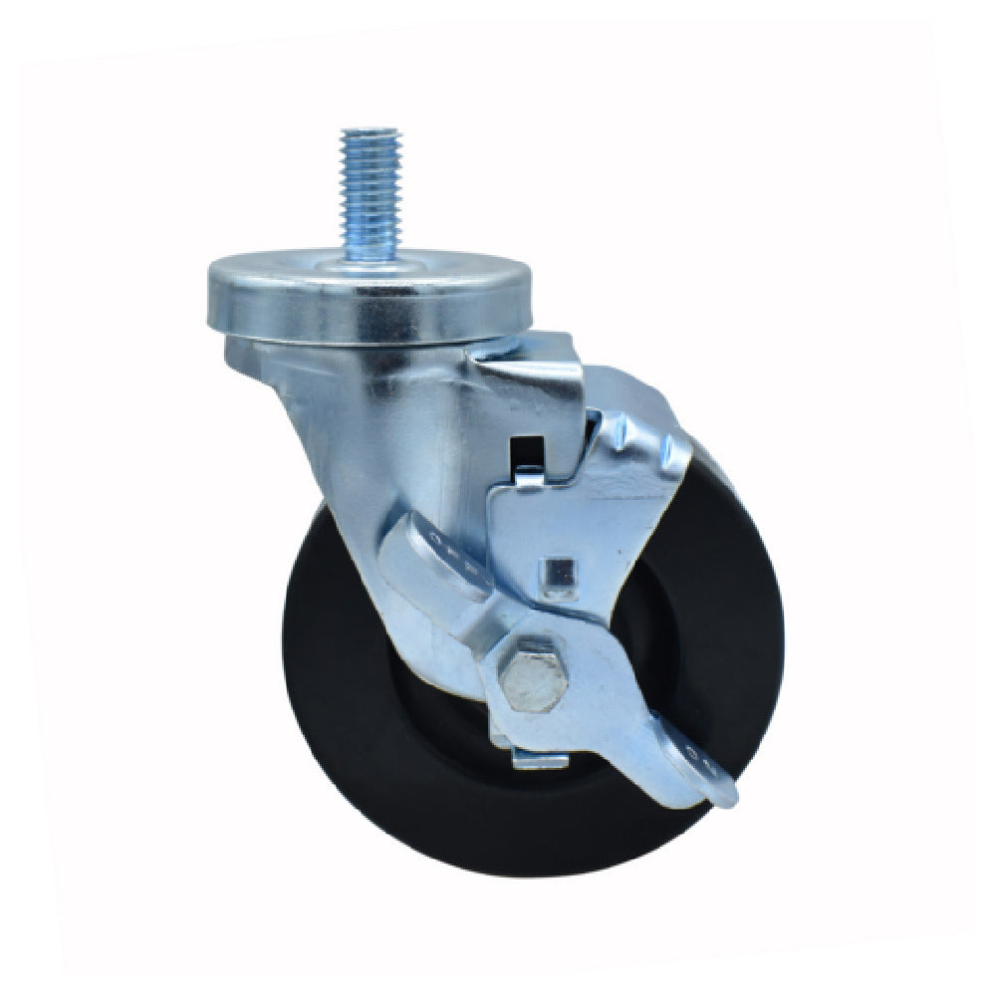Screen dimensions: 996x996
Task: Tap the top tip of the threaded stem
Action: tap(369, 131)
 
